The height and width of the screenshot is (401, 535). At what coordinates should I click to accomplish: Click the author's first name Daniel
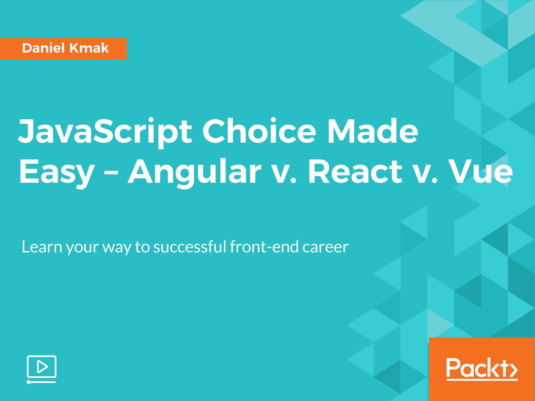43,48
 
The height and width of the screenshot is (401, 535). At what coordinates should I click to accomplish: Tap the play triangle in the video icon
42,367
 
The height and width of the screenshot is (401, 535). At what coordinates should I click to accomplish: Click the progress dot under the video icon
29,382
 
